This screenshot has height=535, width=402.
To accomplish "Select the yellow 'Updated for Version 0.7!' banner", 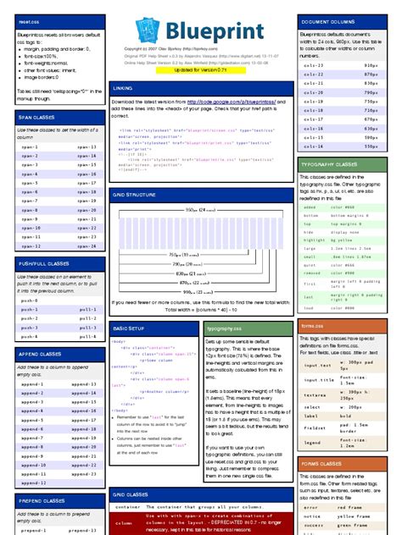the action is click(x=201, y=70).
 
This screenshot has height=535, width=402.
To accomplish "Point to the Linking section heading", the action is click(x=122, y=88).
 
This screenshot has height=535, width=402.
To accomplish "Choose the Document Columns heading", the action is click(x=327, y=20).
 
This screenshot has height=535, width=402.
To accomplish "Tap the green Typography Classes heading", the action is click(x=333, y=164).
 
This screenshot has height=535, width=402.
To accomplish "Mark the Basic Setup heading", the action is click(x=129, y=327).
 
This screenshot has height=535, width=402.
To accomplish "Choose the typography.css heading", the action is click(x=225, y=327).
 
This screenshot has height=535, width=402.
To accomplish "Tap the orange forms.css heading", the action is click(x=312, y=325).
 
